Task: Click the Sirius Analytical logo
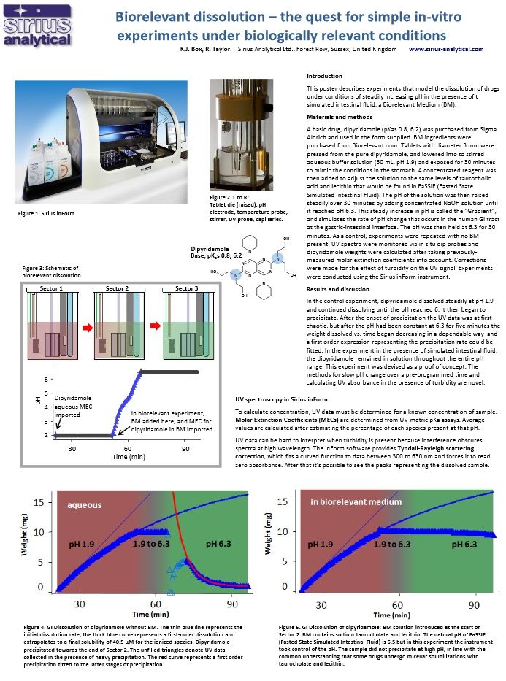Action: pyautogui.click(x=37, y=27)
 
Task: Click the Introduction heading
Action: pyautogui.click(x=324, y=75)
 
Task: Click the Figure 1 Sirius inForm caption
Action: pyautogui.click(x=46, y=213)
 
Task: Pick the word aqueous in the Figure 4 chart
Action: pyautogui.click(x=85, y=504)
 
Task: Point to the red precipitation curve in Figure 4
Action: pyautogui.click(x=180, y=540)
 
